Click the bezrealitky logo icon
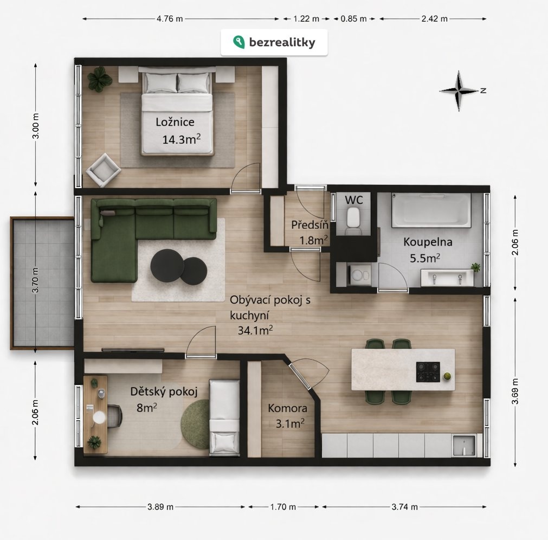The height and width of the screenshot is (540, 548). coord(238,42)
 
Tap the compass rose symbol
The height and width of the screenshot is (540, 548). coord(459,91)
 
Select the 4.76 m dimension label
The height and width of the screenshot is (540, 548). coord(170,19)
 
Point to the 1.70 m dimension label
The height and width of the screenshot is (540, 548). coord(283,506)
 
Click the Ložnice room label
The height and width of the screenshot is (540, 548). coord(175,122)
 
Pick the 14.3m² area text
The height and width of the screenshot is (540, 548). coord(182,139)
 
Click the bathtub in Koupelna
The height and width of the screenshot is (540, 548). coord(431,210)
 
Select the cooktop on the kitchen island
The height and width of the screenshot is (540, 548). coord(428,372)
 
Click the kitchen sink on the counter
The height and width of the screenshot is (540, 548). coord(464,445)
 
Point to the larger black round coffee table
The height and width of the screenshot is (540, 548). coord(167,266)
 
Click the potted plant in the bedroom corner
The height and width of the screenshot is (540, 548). coord(100,79)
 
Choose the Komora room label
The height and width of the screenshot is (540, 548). coord(288,408)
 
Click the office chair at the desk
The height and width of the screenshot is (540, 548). coord(114,416)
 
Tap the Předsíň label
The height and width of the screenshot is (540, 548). coord(310,225)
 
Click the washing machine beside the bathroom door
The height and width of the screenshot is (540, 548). coord(359,275)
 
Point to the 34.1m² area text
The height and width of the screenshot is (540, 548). coord(255,330)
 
